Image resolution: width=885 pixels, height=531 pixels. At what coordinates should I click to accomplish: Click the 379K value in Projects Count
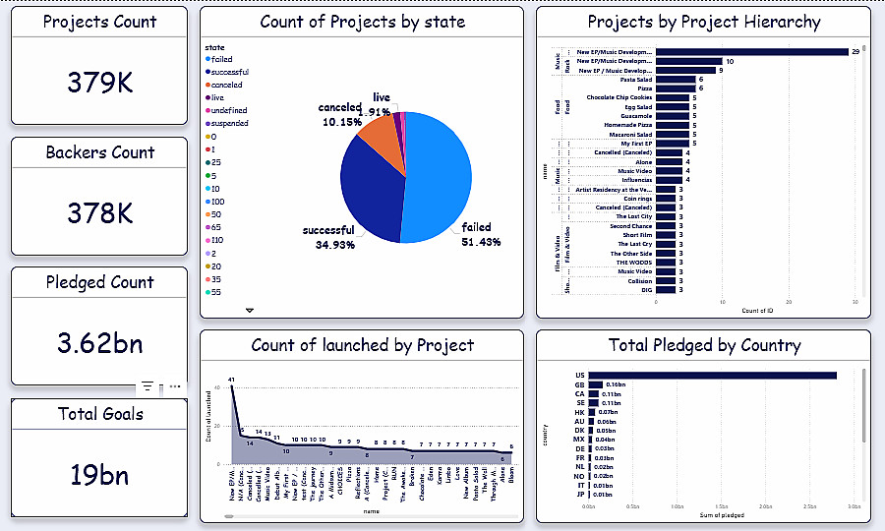point(99,84)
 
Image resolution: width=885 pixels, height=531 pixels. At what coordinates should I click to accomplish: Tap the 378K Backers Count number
point(99,213)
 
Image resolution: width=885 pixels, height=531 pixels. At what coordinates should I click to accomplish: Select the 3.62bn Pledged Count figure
point(99,343)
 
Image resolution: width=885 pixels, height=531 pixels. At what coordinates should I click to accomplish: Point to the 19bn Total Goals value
point(99,475)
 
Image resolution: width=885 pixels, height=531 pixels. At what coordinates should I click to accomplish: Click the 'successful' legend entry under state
point(227,73)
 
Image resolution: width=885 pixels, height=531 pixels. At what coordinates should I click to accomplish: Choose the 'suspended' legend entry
point(227,124)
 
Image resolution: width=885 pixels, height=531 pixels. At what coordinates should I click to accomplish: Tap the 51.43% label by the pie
point(482,242)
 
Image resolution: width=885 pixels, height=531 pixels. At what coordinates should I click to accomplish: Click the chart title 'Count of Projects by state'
point(362,22)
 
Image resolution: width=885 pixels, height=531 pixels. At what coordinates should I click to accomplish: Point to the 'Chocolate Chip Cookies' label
point(619,98)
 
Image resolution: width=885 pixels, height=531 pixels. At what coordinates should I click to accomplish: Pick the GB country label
point(580,384)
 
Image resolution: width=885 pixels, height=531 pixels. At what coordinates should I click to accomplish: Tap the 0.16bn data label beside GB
point(616,384)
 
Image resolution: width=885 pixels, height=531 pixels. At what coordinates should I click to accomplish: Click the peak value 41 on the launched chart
point(231,379)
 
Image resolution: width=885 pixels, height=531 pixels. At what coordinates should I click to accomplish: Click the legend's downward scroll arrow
point(249,310)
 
